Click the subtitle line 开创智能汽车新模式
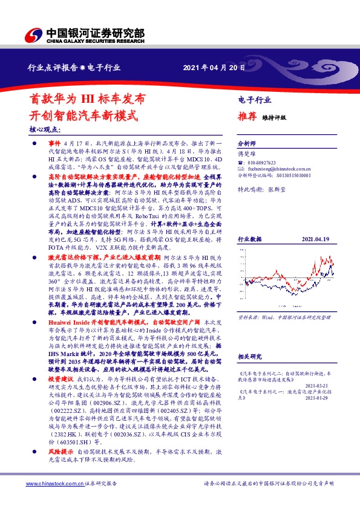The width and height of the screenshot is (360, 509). (76, 114)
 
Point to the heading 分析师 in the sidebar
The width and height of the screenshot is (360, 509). (247, 144)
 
